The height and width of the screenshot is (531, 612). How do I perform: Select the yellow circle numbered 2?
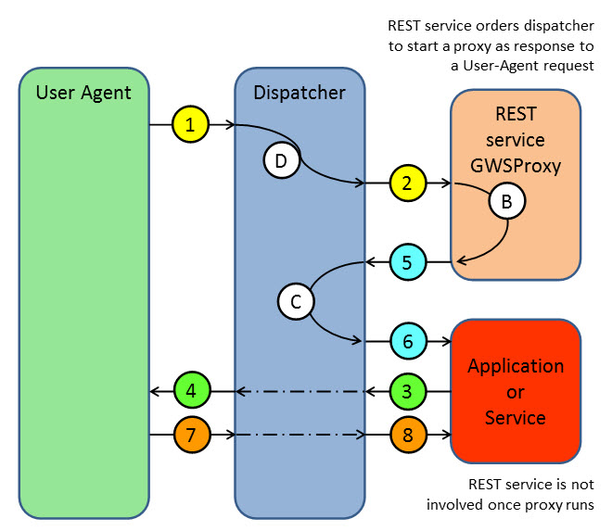click(407, 183)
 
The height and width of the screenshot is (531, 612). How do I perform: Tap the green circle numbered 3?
click(407, 390)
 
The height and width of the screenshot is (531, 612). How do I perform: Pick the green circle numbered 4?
click(190, 390)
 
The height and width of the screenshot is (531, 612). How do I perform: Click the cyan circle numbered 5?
click(407, 263)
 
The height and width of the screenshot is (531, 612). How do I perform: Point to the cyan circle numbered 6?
click(407, 341)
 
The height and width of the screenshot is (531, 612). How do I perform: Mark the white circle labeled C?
click(296, 301)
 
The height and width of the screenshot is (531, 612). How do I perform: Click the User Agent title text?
click(83, 92)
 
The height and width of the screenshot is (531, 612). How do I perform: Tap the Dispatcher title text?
click(299, 92)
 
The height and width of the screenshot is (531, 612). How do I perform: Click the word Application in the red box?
click(515, 365)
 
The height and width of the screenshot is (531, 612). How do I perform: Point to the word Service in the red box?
click(515, 417)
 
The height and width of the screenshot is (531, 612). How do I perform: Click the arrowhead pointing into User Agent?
click(156, 390)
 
